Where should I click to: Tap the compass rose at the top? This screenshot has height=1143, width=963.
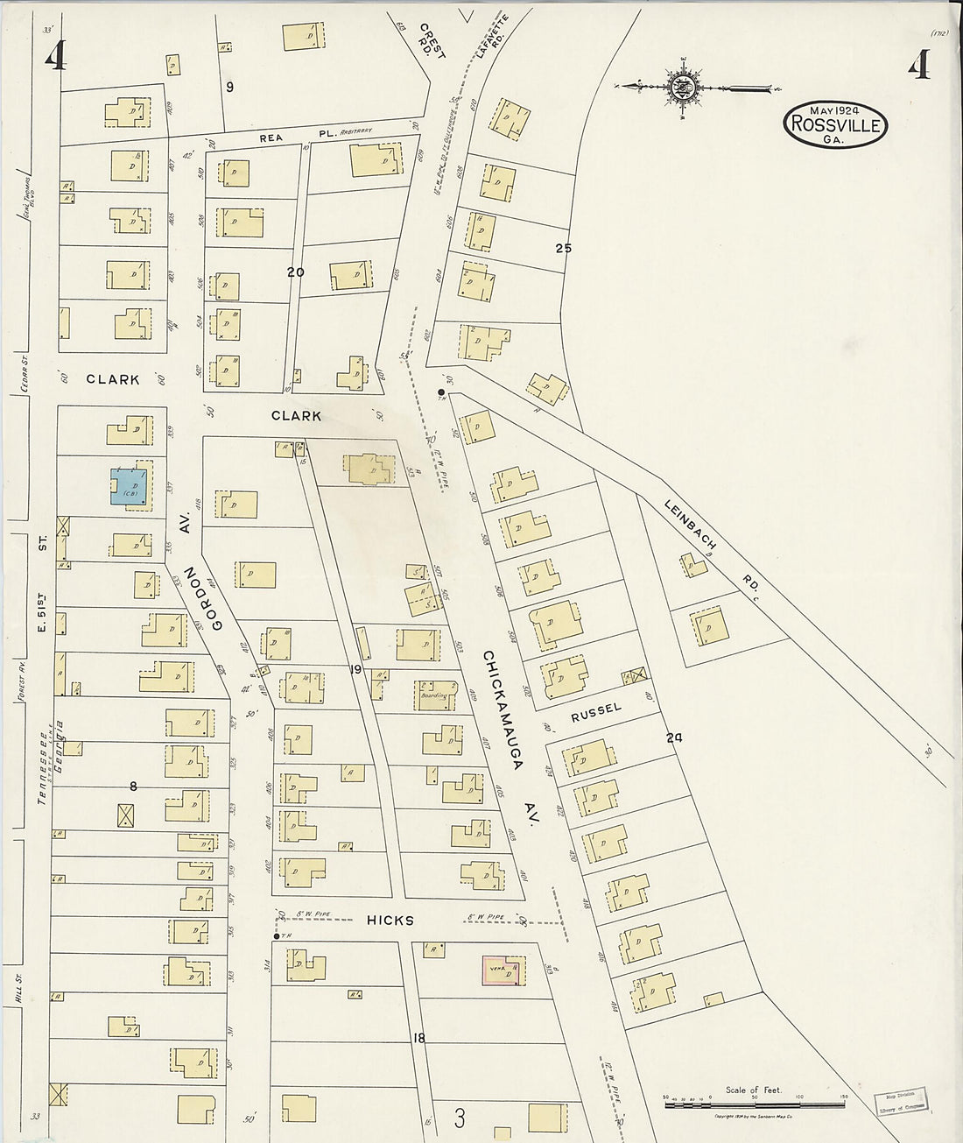tap(681, 87)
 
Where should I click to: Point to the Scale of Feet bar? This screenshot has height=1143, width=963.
tap(754, 1106)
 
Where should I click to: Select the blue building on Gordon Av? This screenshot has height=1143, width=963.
tap(129, 486)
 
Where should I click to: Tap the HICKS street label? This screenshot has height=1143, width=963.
tap(390, 921)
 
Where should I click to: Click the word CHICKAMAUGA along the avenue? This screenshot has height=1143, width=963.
tap(503, 709)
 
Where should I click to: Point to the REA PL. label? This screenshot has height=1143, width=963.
tap(278, 138)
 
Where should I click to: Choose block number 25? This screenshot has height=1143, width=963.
tap(563, 248)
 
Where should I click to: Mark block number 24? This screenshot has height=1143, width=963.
tap(673, 737)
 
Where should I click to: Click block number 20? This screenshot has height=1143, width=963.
tap(296, 272)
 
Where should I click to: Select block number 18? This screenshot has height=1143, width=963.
tap(418, 1038)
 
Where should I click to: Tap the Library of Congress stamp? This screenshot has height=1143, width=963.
tap(902, 1101)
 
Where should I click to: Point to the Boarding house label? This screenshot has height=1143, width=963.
tap(434, 695)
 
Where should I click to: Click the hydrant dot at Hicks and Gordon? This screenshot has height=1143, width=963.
tap(277, 936)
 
